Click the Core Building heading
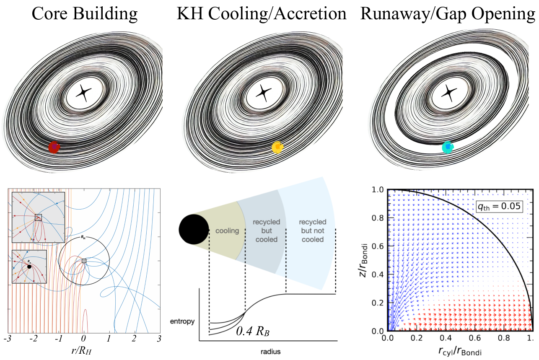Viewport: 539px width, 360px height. point(85,14)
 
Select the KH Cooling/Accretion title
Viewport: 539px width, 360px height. point(262,14)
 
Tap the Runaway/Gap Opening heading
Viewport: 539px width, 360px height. point(449,14)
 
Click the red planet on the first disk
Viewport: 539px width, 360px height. point(54,147)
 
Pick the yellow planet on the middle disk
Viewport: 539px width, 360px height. point(278,148)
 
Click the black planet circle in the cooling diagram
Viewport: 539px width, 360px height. point(194,229)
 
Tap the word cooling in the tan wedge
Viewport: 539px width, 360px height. point(227,231)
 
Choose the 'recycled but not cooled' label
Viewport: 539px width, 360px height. point(312,231)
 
